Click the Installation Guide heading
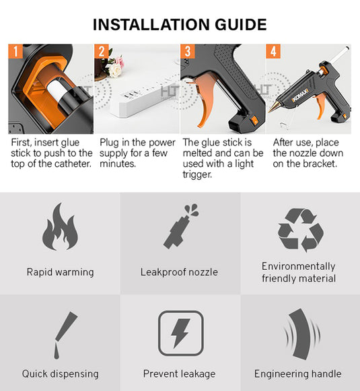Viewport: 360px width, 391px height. tap(180, 25)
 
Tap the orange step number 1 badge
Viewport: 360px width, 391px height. tap(15, 51)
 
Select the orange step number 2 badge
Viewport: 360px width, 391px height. tap(102, 51)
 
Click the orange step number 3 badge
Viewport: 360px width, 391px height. tap(188, 51)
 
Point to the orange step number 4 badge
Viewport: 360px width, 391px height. tap(273, 51)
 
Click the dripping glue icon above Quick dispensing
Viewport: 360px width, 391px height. tap(60, 336)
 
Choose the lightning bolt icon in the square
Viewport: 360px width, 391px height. tap(180, 333)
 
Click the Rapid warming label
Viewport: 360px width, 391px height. tap(60, 273)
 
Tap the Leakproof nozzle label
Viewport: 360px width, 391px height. tap(179, 273)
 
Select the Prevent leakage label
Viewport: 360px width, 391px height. tap(179, 374)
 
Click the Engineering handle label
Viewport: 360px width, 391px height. tap(297, 374)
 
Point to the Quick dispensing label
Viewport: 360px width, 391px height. tap(60, 374)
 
